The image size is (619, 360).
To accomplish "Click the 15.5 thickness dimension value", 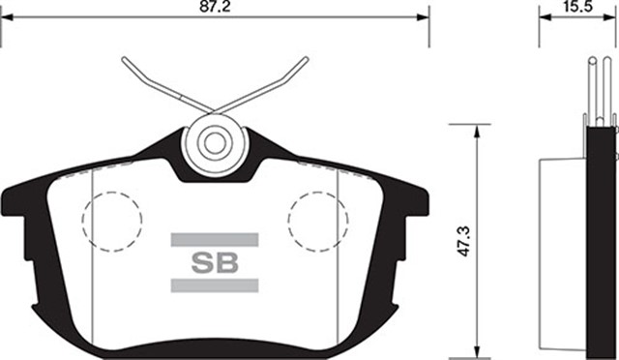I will point(578,7).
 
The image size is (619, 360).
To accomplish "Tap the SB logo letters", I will point(214,261).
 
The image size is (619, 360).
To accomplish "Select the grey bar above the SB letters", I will point(214,239).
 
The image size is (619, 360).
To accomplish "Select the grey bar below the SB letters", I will point(214,285).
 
